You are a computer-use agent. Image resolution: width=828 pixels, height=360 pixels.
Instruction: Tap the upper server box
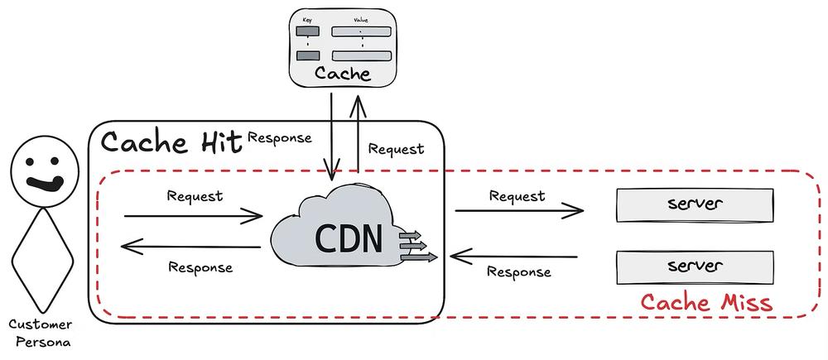[x=695, y=204]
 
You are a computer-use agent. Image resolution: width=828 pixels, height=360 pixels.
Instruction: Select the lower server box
[x=695, y=266]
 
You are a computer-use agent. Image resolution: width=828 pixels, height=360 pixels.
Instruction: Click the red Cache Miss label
[x=707, y=303]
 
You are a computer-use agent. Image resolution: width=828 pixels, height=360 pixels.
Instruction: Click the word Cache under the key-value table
[x=342, y=74]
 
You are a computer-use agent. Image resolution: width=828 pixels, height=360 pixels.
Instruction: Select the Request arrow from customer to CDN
[x=192, y=217]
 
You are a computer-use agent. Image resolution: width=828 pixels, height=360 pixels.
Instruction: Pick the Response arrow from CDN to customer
[x=192, y=246]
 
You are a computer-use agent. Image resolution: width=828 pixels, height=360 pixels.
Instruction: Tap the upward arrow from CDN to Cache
[x=358, y=132]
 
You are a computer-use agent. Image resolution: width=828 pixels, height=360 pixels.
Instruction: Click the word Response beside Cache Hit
[x=280, y=137]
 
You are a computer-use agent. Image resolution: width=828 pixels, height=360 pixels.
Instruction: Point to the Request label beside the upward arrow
[x=396, y=150]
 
